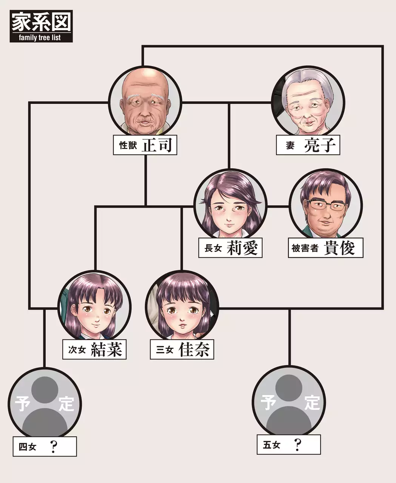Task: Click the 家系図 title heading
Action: pos(41,22)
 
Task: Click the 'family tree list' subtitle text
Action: pos(41,38)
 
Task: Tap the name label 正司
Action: pos(159,145)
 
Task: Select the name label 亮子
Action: pos(320,145)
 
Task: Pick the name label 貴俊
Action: pos(339,248)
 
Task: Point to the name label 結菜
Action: pos(106,350)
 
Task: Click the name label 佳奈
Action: pos(194,350)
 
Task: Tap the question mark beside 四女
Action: pos(54,447)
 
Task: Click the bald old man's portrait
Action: pos(145,102)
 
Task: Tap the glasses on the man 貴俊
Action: pos(327,205)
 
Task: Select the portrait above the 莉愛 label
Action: pos(230,206)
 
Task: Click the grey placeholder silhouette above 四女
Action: pos(45,404)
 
